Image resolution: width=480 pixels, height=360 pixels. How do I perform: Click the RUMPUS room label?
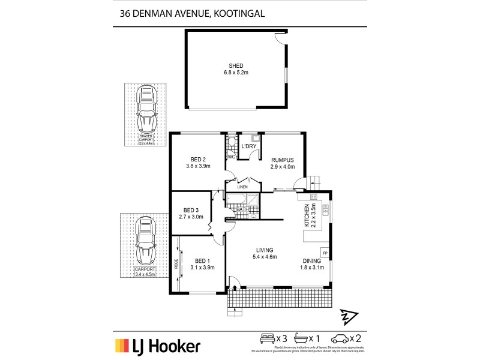[282, 160]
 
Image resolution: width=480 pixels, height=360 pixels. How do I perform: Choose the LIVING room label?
[264, 250]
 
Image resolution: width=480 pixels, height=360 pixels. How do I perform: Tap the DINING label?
[312, 261]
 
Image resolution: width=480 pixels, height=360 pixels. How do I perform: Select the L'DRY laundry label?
[248, 146]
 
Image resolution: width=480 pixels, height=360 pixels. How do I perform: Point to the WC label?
[231, 157]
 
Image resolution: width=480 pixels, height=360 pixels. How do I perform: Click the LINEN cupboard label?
[242, 187]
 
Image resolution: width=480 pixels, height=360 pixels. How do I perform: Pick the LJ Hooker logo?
[158, 346]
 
